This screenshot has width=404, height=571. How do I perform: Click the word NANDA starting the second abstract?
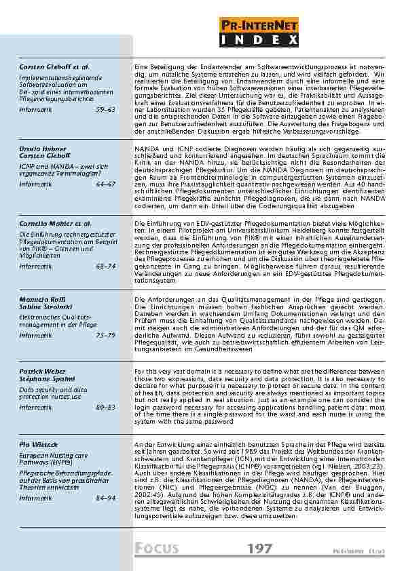click(x=144, y=147)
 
